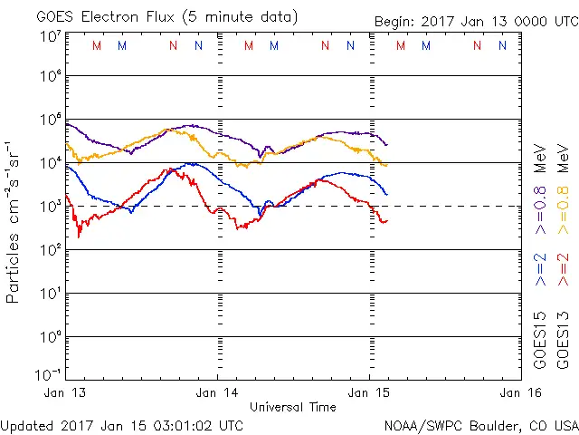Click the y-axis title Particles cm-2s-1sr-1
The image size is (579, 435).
[14, 222]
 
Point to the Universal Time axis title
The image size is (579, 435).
[293, 407]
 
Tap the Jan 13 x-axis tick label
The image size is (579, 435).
[66, 392]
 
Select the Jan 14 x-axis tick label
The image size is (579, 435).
[217, 392]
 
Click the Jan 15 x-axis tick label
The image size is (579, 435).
[369, 392]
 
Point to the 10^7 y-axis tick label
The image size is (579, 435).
[50, 36]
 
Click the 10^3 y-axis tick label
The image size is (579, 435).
[50, 207]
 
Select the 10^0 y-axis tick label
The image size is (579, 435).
[50, 337]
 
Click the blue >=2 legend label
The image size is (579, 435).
[540, 269]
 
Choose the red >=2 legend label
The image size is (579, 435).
[562, 269]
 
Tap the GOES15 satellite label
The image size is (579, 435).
[540, 342]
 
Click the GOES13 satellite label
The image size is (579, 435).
[562, 342]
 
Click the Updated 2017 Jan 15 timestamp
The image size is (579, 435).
[122, 424]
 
